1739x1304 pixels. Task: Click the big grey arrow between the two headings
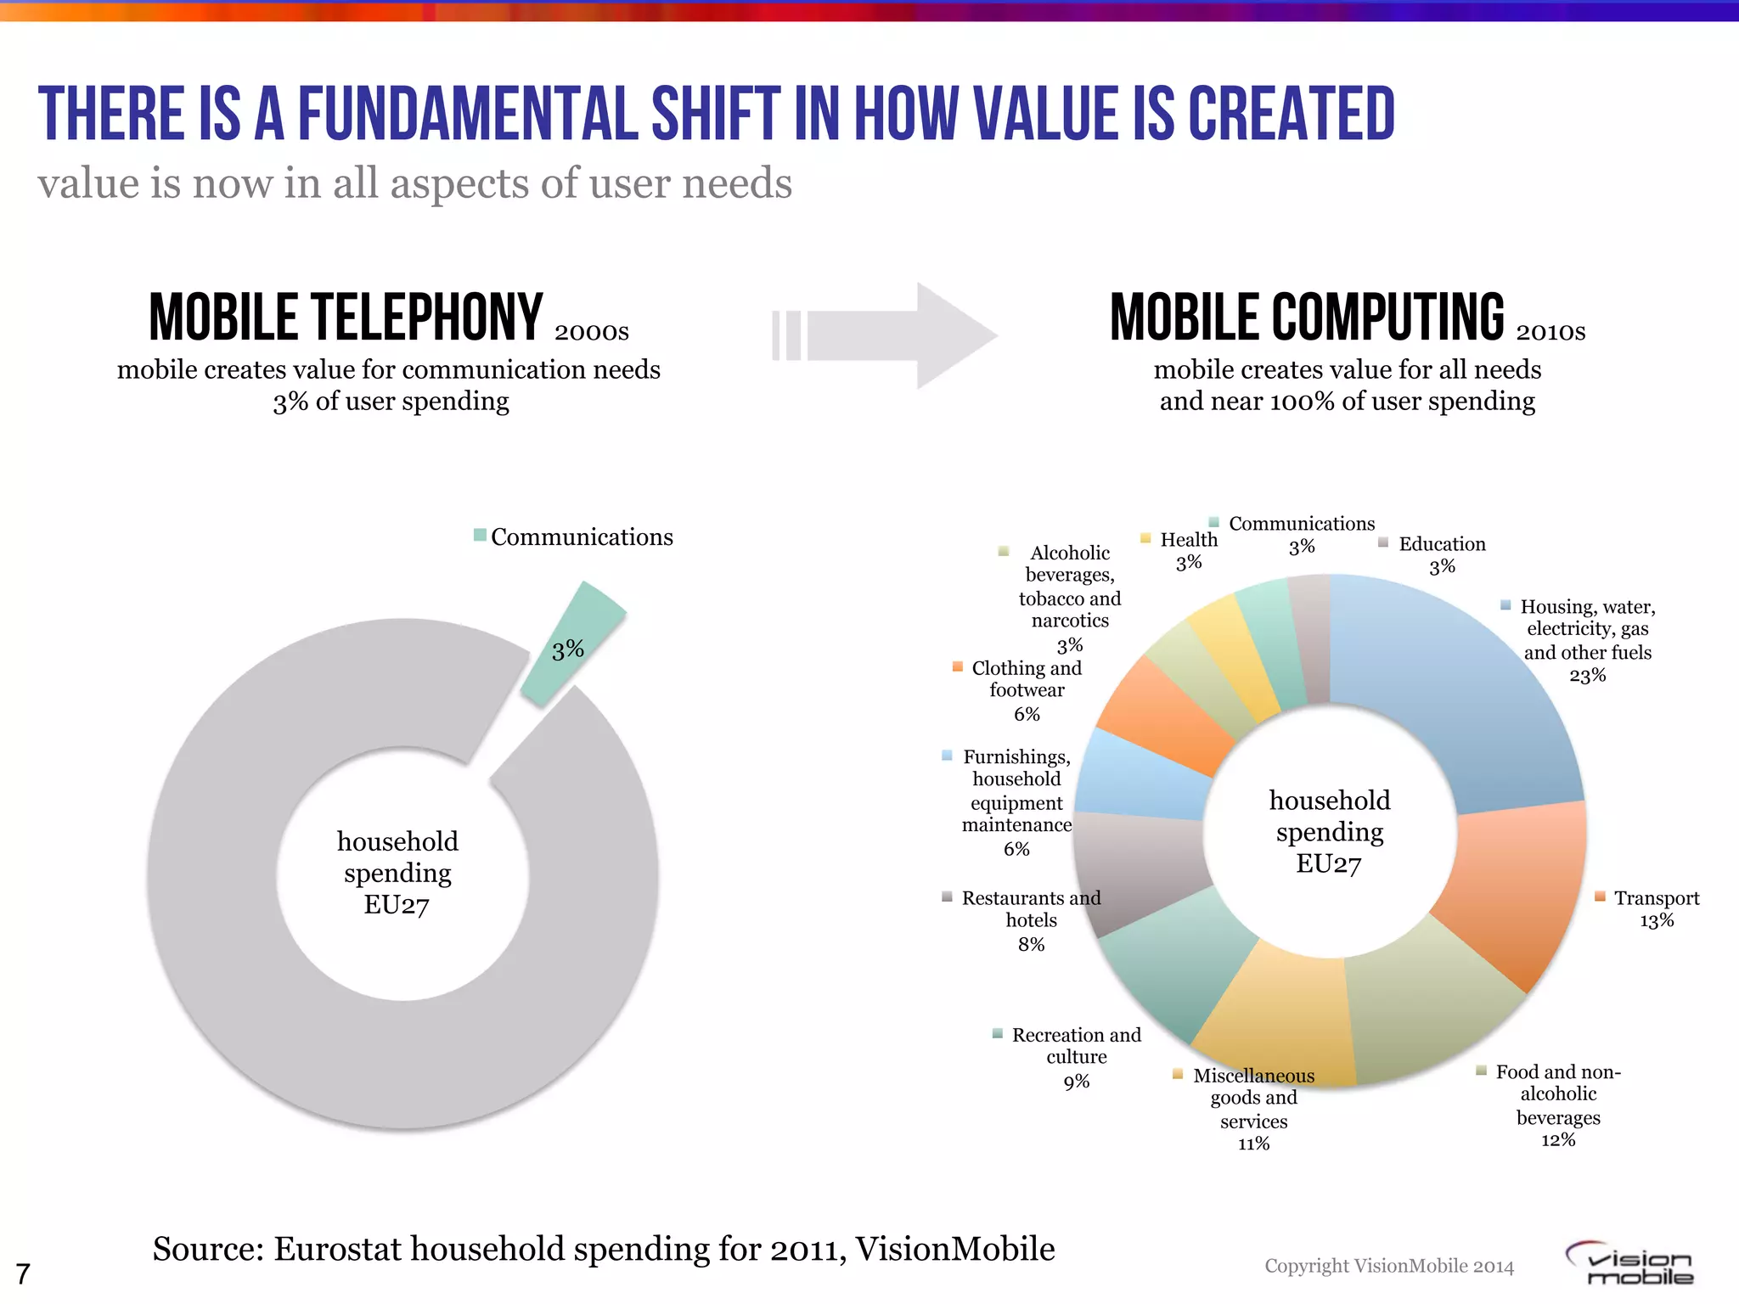click(900, 336)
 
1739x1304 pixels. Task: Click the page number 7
click(23, 1274)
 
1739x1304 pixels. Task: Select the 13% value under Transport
click(1656, 921)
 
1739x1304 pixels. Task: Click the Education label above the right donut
click(1442, 544)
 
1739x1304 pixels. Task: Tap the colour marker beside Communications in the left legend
click(480, 536)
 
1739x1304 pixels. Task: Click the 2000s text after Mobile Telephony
click(591, 332)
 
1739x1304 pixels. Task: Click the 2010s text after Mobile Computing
click(1550, 332)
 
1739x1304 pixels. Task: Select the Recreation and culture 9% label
click(1076, 1056)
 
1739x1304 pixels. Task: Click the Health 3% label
click(1188, 550)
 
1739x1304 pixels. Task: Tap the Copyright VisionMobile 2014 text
click(1389, 1266)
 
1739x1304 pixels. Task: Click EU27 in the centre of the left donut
click(397, 905)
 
